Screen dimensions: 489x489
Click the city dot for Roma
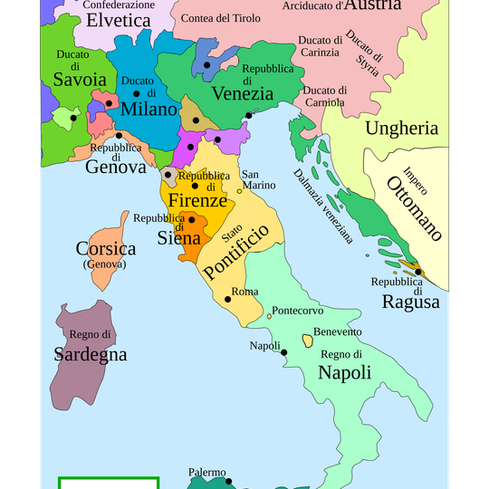tap(226, 300)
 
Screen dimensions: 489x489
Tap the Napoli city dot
tap(284, 352)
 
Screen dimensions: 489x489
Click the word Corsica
tap(106, 248)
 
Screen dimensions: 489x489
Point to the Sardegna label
tap(90, 354)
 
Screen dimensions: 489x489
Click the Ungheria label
tap(401, 128)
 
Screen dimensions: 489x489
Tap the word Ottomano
tap(414, 209)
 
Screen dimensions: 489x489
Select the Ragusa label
tap(410, 302)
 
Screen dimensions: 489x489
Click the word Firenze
tap(197, 201)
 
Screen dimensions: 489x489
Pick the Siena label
tap(178, 239)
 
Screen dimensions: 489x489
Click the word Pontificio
tap(236, 253)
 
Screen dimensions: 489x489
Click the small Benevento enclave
tap(308, 340)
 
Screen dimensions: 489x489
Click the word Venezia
tap(242, 93)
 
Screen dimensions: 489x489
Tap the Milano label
tap(146, 109)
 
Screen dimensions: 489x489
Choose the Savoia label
tap(79, 80)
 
